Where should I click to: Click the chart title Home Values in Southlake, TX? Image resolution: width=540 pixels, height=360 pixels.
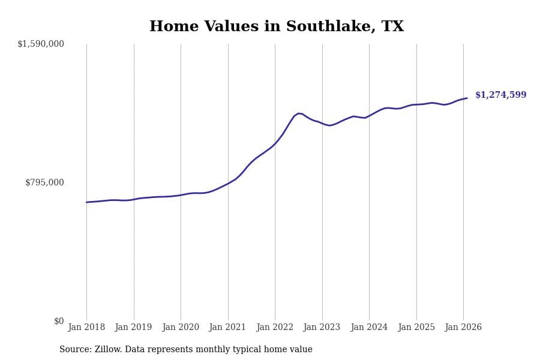(x=277, y=27)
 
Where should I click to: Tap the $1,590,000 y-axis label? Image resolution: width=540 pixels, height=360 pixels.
(x=41, y=44)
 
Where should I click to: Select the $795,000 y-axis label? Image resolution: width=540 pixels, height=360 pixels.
(x=44, y=182)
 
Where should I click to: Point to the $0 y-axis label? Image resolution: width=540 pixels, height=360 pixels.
(x=59, y=321)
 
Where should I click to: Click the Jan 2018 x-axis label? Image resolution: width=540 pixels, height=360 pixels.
(x=86, y=328)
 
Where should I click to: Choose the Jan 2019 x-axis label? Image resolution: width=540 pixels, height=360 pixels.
(x=133, y=328)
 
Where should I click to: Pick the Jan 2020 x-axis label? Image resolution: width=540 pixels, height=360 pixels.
(x=181, y=328)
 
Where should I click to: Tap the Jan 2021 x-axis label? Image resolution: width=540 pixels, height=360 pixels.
(x=227, y=328)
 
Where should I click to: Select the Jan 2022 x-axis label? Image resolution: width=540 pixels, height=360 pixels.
(x=275, y=328)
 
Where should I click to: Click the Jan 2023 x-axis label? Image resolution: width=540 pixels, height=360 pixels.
(x=322, y=328)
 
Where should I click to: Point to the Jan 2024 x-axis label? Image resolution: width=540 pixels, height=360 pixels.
(x=369, y=328)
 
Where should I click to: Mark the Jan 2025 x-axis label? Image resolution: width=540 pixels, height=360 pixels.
(x=416, y=328)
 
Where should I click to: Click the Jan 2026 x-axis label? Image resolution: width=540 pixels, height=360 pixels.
(x=463, y=328)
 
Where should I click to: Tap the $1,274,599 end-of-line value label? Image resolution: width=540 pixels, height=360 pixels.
(x=500, y=95)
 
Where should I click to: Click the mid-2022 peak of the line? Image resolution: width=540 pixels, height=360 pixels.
(x=298, y=113)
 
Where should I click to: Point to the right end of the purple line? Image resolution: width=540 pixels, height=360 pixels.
(x=467, y=98)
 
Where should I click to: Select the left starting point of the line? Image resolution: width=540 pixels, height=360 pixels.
(x=86, y=202)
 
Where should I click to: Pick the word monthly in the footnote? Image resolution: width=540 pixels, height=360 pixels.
(x=236, y=350)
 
